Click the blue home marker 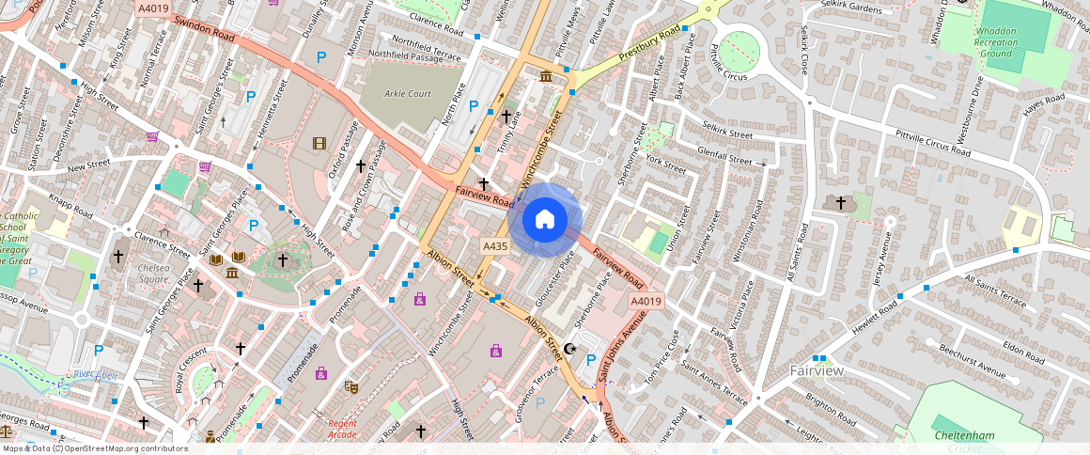(x=545, y=220)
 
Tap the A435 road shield (x=495, y=246)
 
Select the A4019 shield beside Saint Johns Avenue (x=646, y=301)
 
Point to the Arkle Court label (x=407, y=94)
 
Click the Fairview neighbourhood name (x=817, y=370)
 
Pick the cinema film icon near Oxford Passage (x=320, y=143)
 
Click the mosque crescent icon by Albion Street (x=568, y=350)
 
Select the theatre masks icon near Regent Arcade (x=351, y=386)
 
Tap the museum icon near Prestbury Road (x=546, y=75)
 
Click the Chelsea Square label (x=153, y=274)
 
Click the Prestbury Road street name (x=649, y=46)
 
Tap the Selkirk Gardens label (x=850, y=8)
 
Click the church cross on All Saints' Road (x=841, y=203)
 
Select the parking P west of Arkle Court (x=320, y=57)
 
